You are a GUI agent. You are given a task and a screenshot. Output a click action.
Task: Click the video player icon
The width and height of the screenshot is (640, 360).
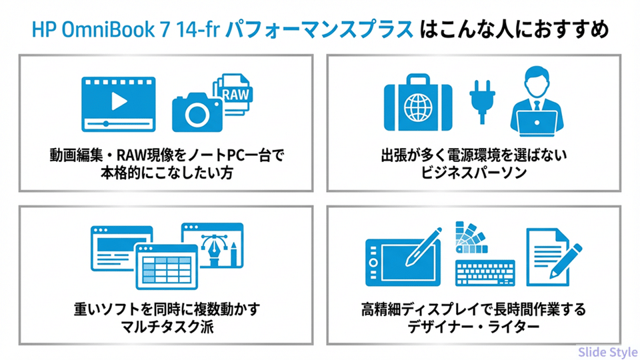tap(117, 103)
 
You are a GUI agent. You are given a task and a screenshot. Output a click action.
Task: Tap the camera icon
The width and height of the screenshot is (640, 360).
tap(196, 114)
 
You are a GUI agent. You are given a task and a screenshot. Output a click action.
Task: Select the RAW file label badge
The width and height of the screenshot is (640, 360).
tap(235, 94)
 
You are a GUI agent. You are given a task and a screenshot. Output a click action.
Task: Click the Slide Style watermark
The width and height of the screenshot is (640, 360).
tap(607, 351)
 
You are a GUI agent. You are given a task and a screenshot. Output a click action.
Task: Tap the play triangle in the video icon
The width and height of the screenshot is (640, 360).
tap(118, 100)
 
